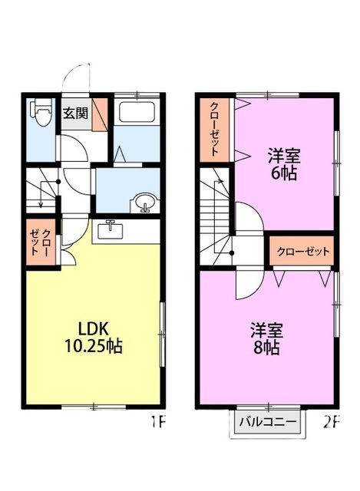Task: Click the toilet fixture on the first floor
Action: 40,112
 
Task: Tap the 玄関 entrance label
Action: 75,113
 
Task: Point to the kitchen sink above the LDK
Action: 111,230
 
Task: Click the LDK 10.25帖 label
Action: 93,338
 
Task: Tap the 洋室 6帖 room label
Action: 284,164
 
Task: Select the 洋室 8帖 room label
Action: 266,339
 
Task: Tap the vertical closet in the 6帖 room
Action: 214,130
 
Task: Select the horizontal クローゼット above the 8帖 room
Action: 303,251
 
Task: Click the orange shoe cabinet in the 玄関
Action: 100,114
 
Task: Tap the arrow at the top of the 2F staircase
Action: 220,181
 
